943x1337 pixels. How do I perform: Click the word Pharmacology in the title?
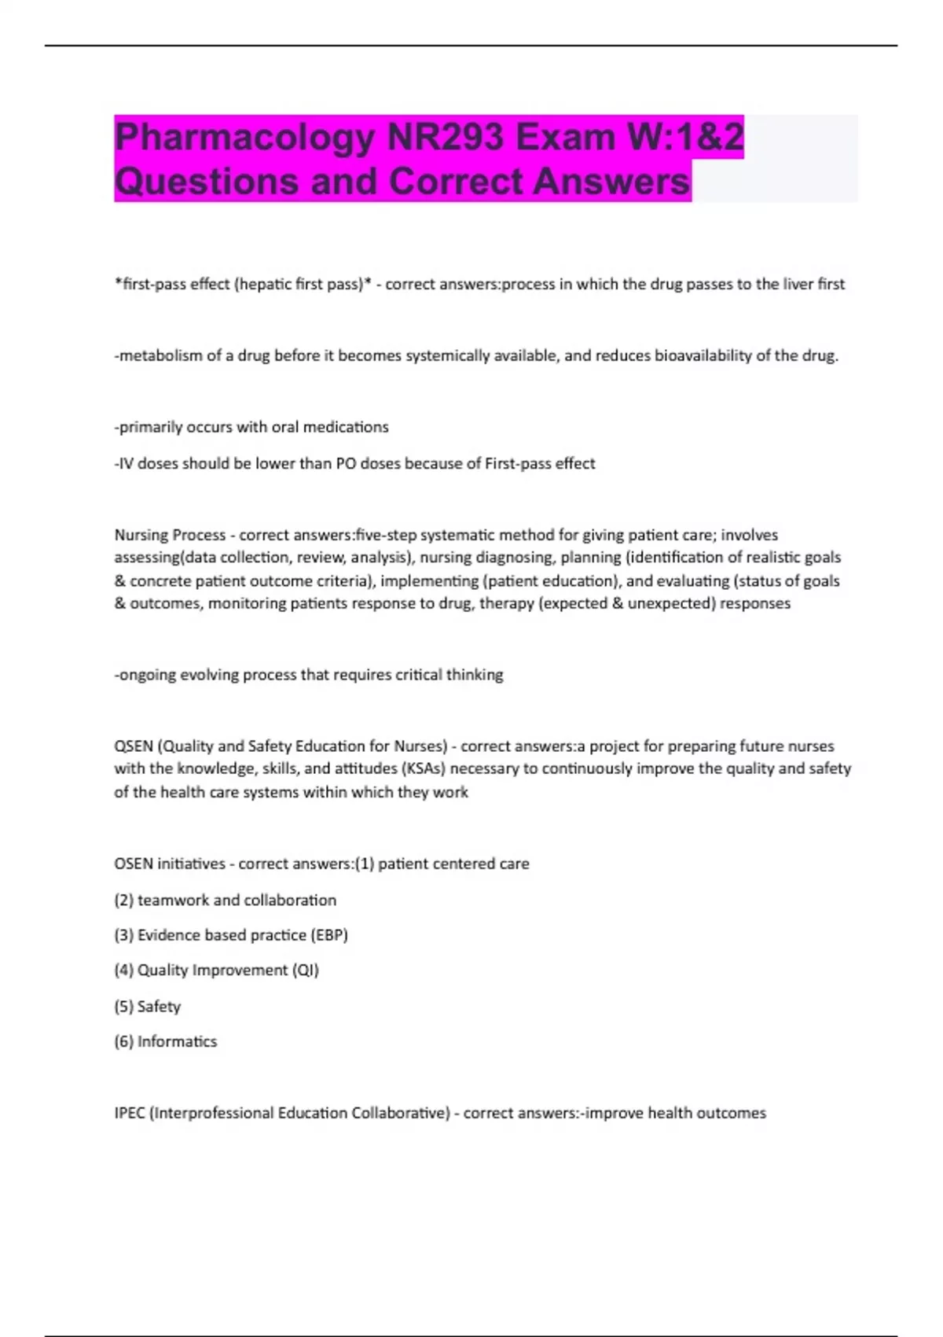(x=244, y=138)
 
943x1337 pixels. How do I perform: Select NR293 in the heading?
(x=445, y=138)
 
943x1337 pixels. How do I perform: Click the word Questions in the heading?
(x=207, y=182)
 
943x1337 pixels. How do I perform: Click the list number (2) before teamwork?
(x=124, y=900)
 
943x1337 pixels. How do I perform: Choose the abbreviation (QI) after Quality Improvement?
(x=306, y=971)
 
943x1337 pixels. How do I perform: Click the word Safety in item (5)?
(x=159, y=1007)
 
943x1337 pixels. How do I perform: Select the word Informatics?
(x=177, y=1041)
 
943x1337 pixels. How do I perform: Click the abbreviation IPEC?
(x=130, y=1113)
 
